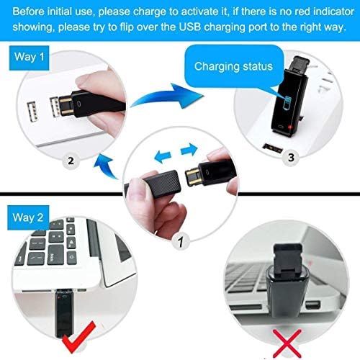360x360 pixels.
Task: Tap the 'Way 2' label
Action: point(31,214)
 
